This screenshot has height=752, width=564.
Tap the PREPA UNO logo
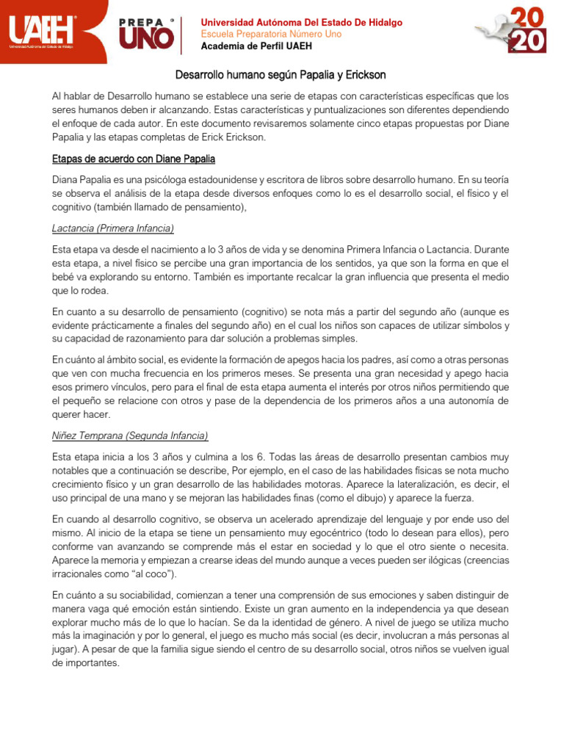tap(147, 33)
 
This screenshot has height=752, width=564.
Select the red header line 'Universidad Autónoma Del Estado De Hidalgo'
tap(301, 23)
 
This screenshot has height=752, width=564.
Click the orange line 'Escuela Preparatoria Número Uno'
tap(271, 35)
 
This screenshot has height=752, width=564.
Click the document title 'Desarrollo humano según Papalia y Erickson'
tap(280, 76)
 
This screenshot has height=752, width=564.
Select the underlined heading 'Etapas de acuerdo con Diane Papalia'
tap(134, 159)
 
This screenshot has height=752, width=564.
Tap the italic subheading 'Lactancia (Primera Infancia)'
tap(113, 228)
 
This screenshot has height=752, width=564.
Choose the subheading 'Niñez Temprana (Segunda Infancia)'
tap(130, 435)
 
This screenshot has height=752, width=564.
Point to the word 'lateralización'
tap(416, 485)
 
